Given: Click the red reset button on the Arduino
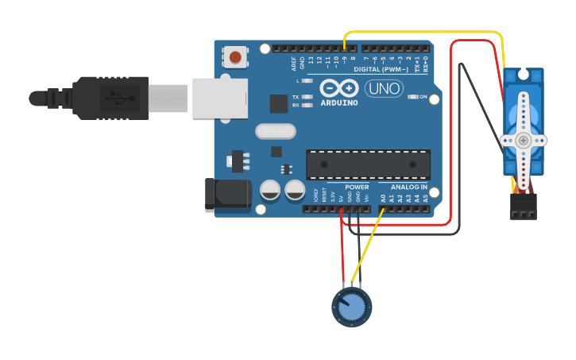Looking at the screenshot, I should point(235,56).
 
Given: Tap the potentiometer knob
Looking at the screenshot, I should point(351,307).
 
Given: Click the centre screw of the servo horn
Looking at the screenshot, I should point(523,140).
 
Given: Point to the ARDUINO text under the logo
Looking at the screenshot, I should point(339,103).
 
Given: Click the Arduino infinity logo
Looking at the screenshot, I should point(339,87).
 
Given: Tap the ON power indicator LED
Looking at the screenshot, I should point(413,97).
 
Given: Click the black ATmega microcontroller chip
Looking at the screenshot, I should point(369,164).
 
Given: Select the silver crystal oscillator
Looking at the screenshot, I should point(275,131).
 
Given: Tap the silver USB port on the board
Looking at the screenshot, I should point(216,98).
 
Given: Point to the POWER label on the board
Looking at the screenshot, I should point(357,187).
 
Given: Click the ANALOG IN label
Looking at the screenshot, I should point(408,187).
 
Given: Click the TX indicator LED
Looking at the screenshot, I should point(307,97).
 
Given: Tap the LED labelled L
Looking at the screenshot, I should point(307,81).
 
